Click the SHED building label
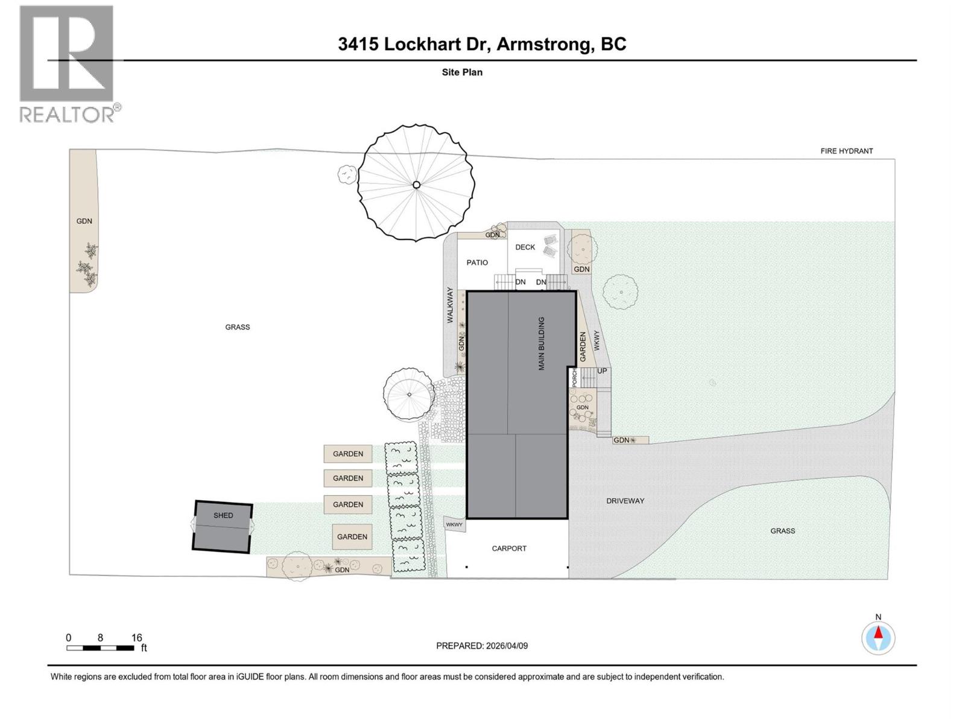coord(223,516)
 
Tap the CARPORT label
coord(509,548)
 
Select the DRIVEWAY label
coord(625,501)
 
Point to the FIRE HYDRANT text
coord(846,151)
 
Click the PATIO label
coord(477,262)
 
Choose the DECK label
coord(525,247)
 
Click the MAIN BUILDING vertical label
coord(542,343)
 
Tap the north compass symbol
coord(878,637)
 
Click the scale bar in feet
coord(100,648)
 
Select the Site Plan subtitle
coord(462,72)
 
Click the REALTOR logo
coord(68,63)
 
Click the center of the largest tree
coord(416,185)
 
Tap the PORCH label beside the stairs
coord(574,378)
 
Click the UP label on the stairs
coord(602,371)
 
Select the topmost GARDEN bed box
coord(348,454)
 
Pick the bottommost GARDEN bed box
coord(352,536)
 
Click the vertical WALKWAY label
coord(450,305)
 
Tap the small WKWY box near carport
coord(454,525)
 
